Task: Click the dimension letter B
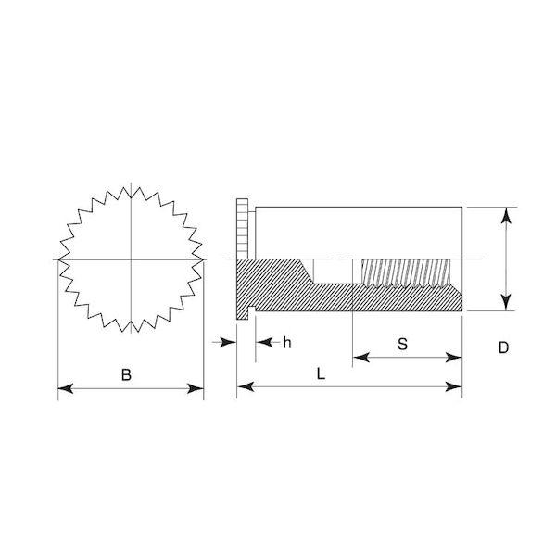coord(126,374)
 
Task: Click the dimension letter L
coord(321,373)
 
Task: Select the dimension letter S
coord(402,344)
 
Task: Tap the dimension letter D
coord(503,347)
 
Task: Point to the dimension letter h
coord(287,343)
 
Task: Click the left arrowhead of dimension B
coord(66,388)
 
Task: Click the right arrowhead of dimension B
coord(196,388)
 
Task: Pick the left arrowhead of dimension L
coord(246,386)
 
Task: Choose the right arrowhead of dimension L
coord(454,386)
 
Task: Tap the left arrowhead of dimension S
coord(361,358)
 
